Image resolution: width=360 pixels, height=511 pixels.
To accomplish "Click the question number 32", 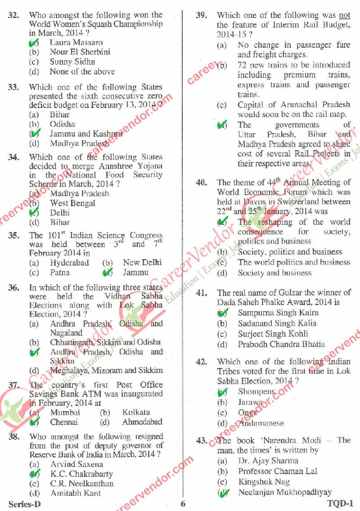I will [13, 15].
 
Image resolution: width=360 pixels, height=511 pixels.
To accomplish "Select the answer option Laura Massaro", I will [76, 43].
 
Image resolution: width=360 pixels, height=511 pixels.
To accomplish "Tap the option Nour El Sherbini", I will [80, 52].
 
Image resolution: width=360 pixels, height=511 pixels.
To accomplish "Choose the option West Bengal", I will [72, 203].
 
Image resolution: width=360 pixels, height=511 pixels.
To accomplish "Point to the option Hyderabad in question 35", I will [69, 263].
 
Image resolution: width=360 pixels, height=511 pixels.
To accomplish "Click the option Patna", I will [60, 273].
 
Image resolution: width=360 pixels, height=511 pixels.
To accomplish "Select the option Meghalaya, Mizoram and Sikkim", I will [106, 371].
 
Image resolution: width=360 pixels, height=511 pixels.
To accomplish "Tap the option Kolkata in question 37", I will [136, 412].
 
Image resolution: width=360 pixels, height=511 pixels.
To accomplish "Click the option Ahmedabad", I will [142, 422].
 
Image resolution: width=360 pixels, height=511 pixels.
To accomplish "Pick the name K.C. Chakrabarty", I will [81, 474].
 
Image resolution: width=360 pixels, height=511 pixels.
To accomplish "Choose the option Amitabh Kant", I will [76, 493].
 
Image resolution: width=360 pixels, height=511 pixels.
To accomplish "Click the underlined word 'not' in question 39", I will [344, 16].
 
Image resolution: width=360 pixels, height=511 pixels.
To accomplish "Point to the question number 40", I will [202, 183].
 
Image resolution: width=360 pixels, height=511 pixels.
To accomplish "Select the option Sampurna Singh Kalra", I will [278, 313].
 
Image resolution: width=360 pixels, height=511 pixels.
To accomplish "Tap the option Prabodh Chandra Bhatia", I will [281, 345].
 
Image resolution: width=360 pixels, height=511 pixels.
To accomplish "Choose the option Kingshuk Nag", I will [264, 482].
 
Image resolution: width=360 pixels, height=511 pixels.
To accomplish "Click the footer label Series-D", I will [24, 504].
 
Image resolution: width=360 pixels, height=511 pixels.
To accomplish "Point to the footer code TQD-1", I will [340, 504].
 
